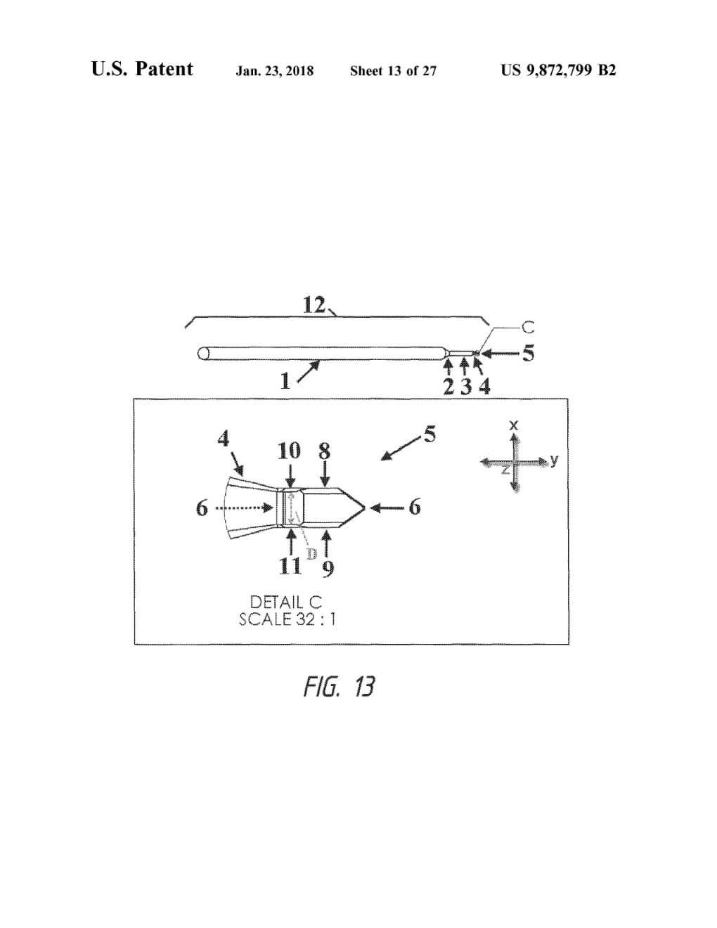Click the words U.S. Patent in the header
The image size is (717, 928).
point(142,69)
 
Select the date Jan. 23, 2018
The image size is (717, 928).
point(275,70)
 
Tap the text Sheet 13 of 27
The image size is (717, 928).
point(393,70)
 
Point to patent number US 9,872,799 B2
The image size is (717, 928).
point(558,70)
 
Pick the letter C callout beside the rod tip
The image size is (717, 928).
point(528,327)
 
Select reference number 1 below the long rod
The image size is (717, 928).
point(285,381)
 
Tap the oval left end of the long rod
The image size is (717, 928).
point(205,354)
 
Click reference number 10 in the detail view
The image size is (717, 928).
point(289,451)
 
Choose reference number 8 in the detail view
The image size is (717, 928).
point(324,450)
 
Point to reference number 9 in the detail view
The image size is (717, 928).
point(327,567)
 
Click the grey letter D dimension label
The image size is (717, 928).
point(311,553)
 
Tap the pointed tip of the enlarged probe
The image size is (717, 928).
point(364,507)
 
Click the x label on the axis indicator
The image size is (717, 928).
point(514,425)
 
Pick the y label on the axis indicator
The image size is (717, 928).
point(554,460)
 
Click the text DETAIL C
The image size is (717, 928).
point(286,602)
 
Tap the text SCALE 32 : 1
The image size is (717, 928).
point(287,619)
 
